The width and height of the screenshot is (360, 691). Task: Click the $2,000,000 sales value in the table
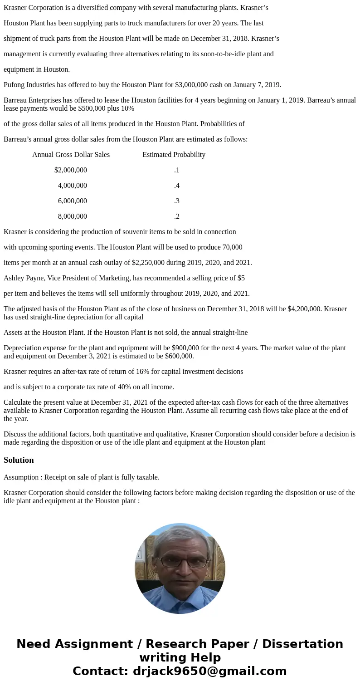(x=70, y=170)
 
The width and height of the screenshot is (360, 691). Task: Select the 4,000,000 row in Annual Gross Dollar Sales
(x=72, y=186)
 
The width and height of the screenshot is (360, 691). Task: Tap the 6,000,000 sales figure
(x=72, y=201)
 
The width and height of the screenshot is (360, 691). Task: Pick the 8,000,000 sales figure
(x=72, y=216)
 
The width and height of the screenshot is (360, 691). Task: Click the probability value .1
(x=176, y=170)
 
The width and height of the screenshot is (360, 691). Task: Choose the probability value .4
(x=176, y=186)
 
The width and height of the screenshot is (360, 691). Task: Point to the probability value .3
(x=176, y=201)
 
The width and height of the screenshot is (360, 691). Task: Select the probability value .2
(x=176, y=216)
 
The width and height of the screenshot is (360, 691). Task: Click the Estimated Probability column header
(x=174, y=155)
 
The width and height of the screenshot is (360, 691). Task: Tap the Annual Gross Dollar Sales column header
(x=71, y=155)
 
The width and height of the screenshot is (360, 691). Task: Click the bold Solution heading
(x=19, y=460)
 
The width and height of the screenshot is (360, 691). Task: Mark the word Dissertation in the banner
(x=302, y=644)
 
